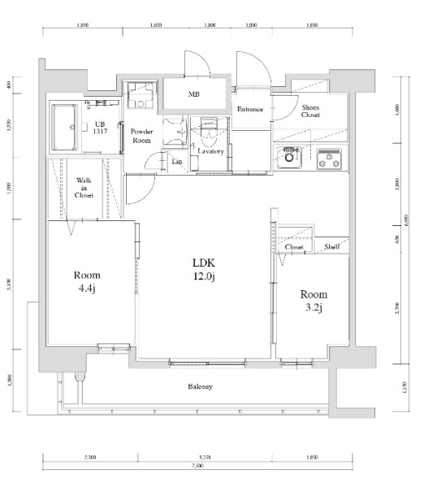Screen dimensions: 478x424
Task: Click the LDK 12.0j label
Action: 203,269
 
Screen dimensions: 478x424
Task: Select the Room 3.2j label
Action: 313,300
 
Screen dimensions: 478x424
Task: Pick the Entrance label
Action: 249,110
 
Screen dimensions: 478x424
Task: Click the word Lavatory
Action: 210,151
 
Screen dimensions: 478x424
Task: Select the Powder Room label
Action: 142,135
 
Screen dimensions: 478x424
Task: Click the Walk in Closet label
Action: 84,188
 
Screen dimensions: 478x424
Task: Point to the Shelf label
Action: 331,246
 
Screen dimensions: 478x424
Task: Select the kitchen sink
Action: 291,156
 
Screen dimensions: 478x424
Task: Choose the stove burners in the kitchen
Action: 328,159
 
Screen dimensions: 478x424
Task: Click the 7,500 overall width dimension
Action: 197,467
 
